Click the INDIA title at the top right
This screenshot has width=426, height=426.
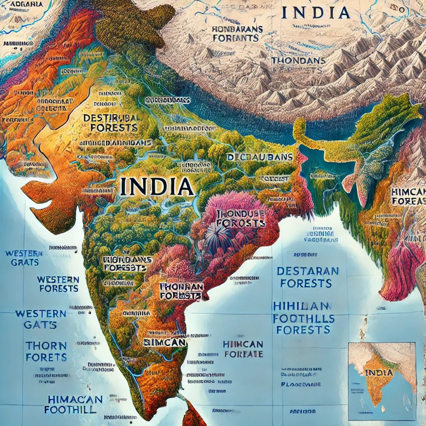click(x=315, y=12)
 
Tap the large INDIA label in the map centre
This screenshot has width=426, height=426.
click(x=157, y=187)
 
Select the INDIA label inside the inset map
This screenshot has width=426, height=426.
click(x=379, y=372)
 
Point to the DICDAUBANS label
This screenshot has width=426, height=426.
click(x=260, y=157)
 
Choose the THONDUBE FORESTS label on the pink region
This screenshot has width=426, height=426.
click(x=241, y=218)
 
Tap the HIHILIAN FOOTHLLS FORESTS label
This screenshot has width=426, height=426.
click(x=304, y=318)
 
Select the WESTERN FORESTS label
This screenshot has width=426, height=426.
click(x=58, y=283)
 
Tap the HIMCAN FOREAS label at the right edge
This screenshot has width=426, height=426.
click(x=408, y=197)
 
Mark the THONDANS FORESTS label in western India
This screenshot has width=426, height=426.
click(x=127, y=263)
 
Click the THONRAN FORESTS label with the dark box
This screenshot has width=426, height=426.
click(x=181, y=291)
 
